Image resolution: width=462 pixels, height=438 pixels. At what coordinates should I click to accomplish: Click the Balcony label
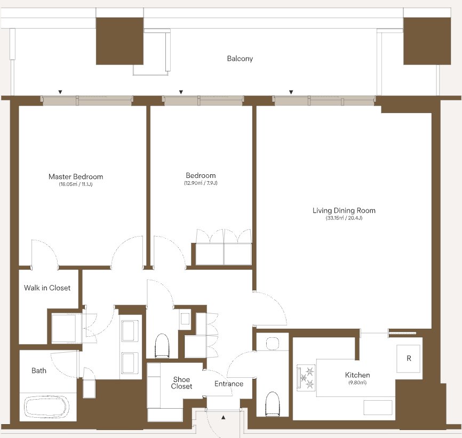tap(240, 59)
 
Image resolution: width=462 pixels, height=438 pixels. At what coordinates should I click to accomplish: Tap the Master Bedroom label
tap(76, 176)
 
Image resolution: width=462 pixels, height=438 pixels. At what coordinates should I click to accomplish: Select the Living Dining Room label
tap(344, 210)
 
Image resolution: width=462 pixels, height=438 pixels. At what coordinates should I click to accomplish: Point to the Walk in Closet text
tap(47, 288)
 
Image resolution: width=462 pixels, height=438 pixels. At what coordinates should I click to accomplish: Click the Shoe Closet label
tap(181, 383)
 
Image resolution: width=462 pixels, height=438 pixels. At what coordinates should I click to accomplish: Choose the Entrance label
tap(229, 384)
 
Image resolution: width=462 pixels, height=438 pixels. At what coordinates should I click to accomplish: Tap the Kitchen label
tap(357, 375)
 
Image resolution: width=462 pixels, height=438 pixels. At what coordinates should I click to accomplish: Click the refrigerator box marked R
tap(408, 359)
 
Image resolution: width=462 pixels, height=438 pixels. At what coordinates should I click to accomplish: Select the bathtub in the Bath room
tap(46, 407)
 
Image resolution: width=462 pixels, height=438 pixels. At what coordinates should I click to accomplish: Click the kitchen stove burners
tap(306, 378)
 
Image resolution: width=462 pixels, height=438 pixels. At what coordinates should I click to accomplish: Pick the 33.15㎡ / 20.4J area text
tap(344, 218)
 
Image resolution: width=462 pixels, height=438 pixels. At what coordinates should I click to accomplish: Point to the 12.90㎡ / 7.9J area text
tap(201, 183)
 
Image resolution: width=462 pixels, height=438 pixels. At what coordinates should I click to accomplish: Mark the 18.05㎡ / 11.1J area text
tap(76, 184)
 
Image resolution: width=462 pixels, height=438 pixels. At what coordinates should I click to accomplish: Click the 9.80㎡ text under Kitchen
tap(357, 383)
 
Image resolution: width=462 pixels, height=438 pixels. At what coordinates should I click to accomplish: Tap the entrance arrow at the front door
tap(224, 417)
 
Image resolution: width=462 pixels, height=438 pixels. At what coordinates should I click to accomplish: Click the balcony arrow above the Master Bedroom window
tap(60, 92)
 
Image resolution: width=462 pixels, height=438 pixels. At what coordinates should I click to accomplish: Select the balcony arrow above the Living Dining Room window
tap(291, 92)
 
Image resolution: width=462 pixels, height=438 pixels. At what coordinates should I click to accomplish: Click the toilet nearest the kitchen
tap(272, 404)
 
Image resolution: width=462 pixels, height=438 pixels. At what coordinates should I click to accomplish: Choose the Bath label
tap(39, 370)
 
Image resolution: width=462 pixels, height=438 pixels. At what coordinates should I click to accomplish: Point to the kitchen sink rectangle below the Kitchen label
tap(378, 408)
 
